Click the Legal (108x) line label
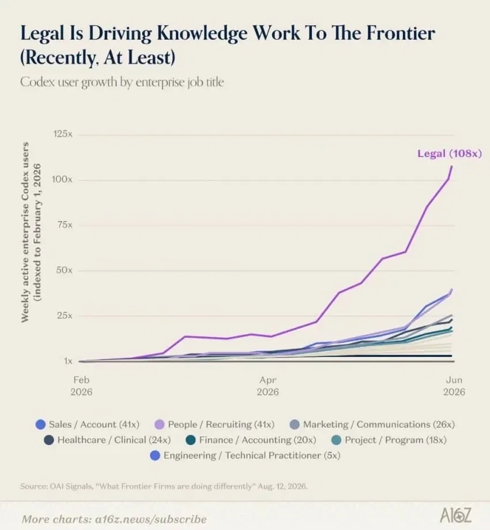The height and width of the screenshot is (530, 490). tap(450, 154)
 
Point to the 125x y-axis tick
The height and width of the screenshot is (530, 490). tap(62, 134)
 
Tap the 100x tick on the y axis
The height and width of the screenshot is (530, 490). tap(62, 179)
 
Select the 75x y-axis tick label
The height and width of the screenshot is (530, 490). tap(65, 225)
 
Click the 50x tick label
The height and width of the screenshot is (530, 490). tap(64, 270)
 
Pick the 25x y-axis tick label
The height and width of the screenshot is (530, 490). tap(65, 315)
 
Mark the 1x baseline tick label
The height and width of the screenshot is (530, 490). tap(68, 361)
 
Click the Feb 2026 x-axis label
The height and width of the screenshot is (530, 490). tap(81, 386)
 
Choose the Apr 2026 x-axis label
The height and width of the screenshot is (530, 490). tap(267, 386)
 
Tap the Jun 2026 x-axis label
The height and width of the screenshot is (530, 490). tap(454, 386)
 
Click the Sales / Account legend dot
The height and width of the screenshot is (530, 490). tap(40, 424)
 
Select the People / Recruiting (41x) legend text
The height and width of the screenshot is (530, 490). tap(221, 424)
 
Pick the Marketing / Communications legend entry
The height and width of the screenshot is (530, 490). tap(372, 424)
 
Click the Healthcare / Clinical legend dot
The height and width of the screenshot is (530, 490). tap(49, 440)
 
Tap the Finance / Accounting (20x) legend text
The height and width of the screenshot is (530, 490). tap(258, 440)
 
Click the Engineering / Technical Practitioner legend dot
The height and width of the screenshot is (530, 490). tap(155, 456)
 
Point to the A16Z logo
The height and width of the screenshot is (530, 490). tap(455, 516)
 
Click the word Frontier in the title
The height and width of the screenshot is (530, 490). tap(401, 33)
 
